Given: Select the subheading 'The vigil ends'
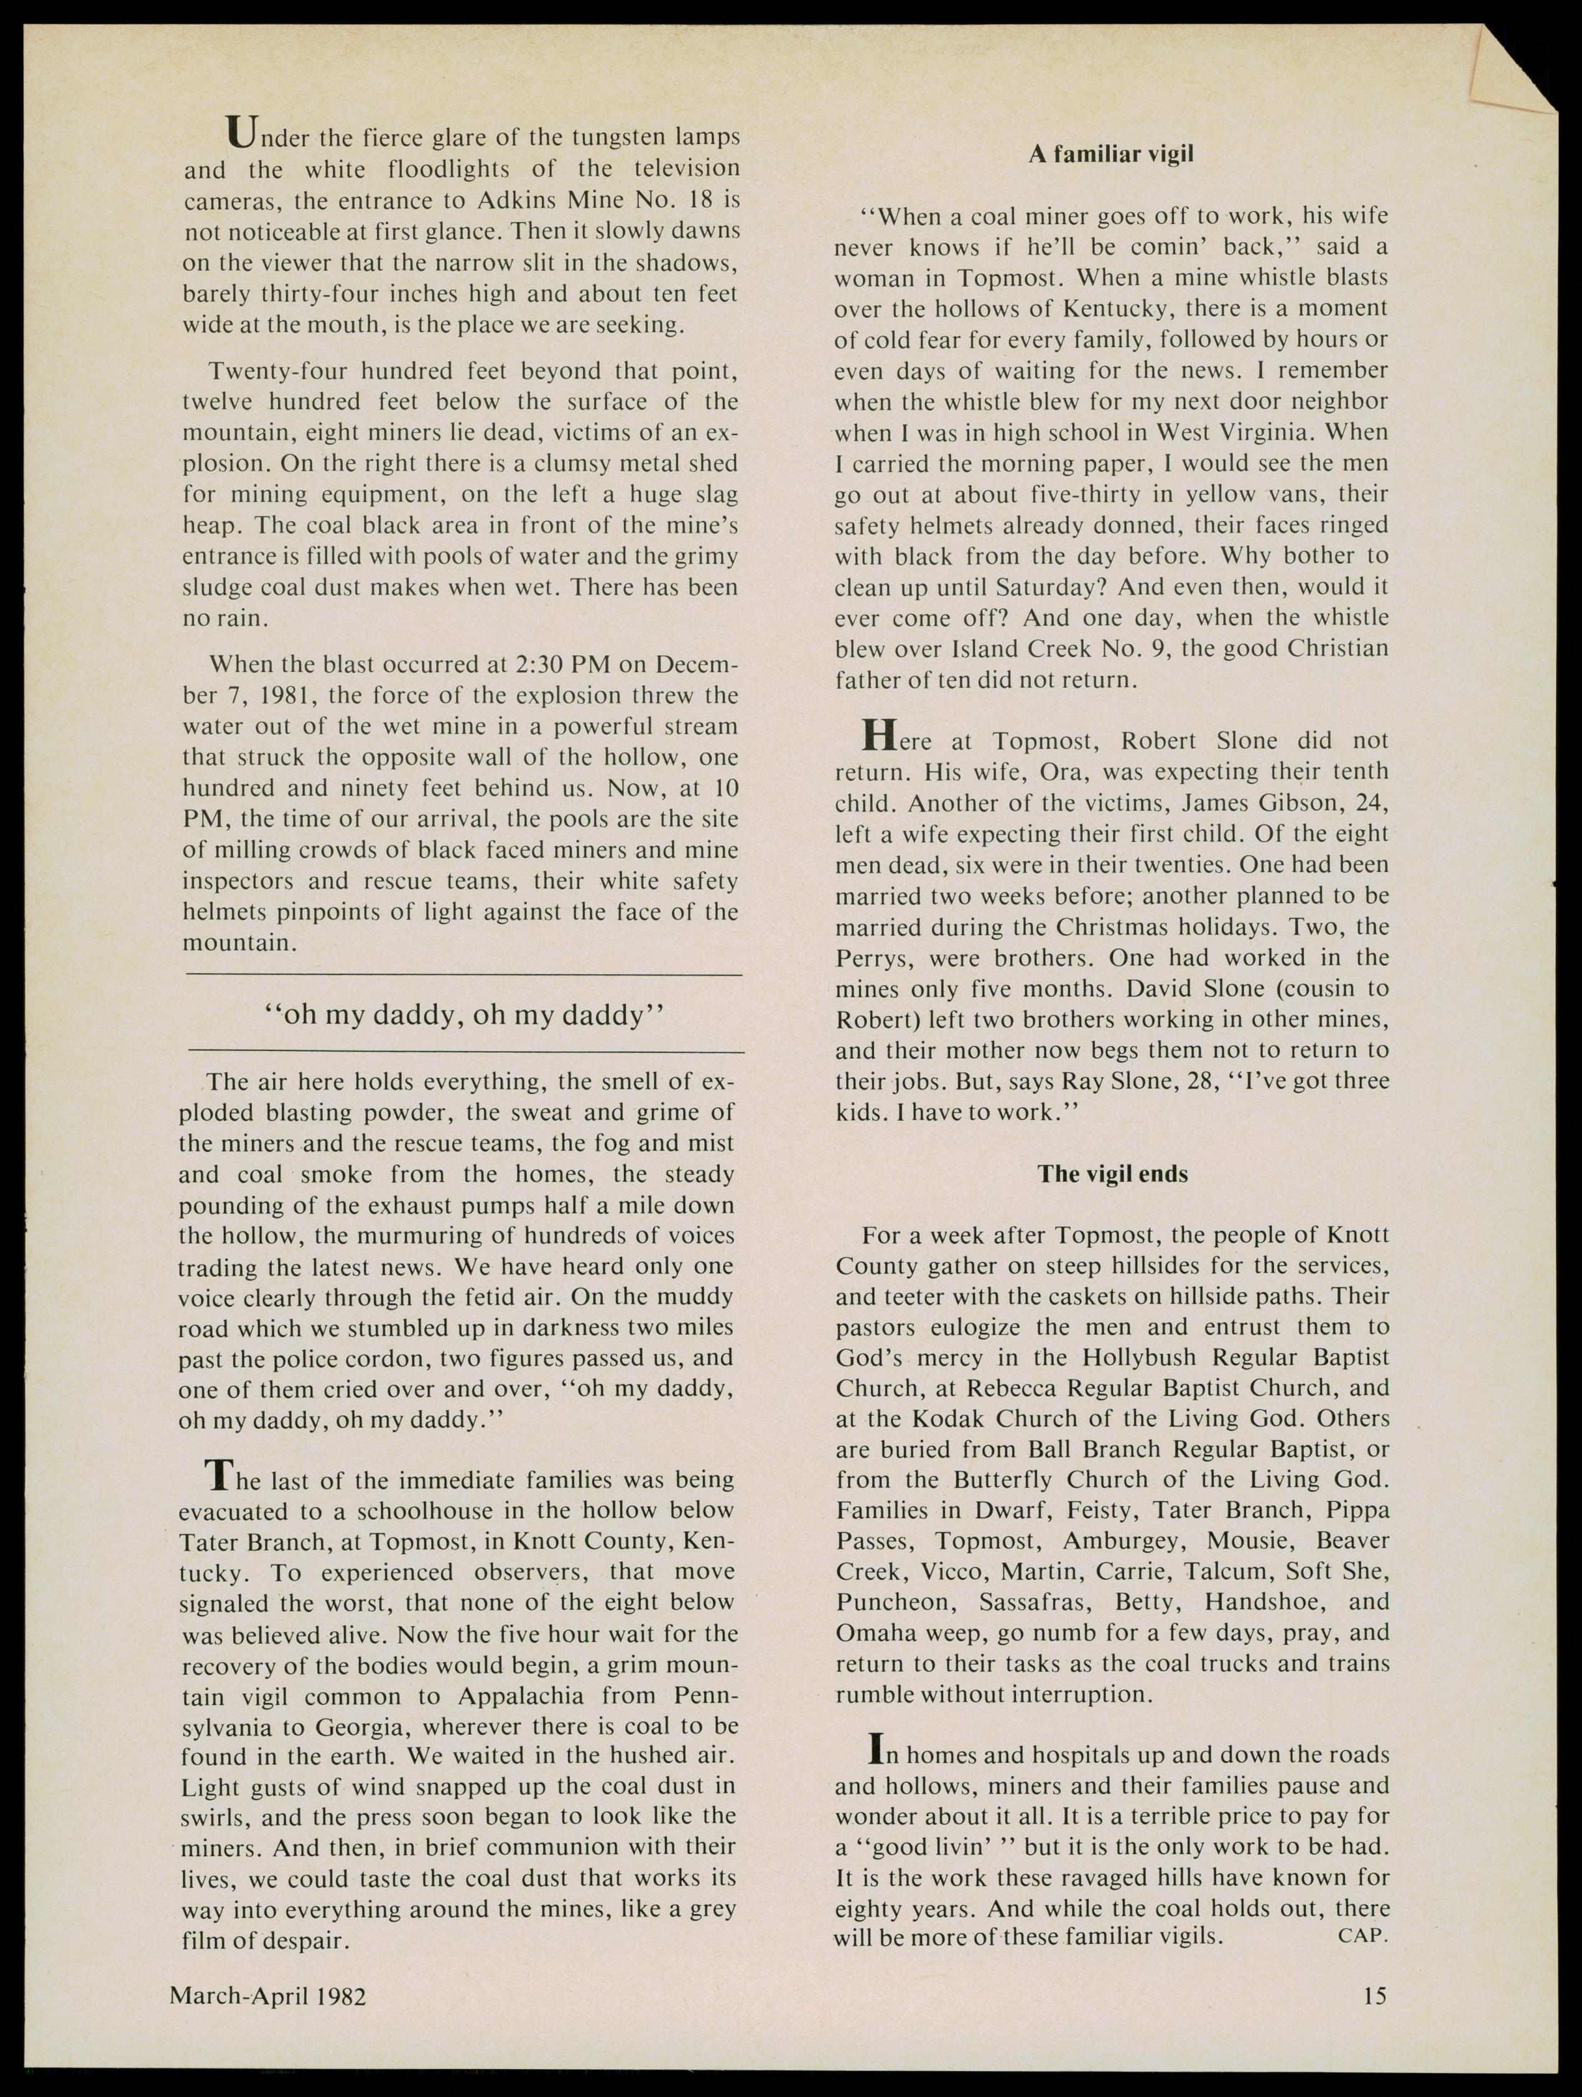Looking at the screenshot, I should pyautogui.click(x=1112, y=1174).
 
